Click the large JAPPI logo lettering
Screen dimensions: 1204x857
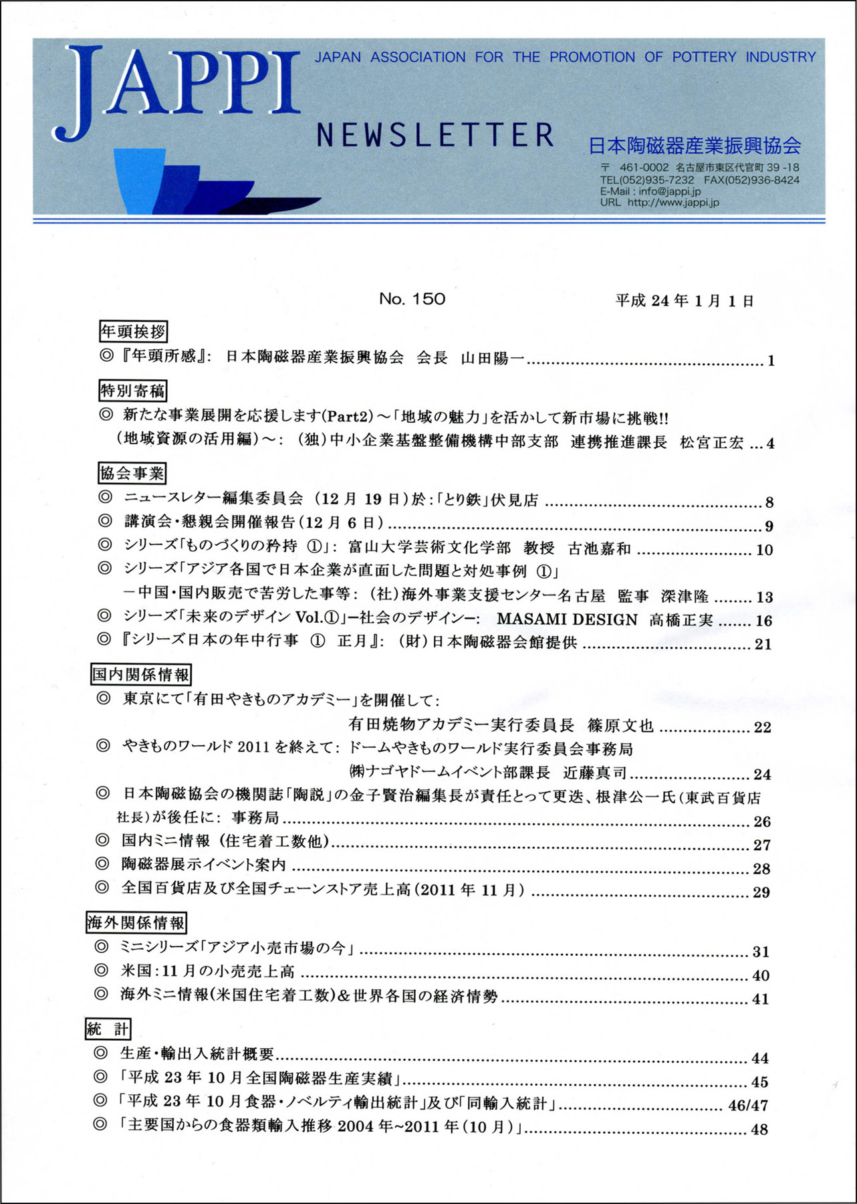(x=177, y=90)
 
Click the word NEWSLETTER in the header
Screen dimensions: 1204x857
(x=435, y=135)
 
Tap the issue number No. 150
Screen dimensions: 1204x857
(x=412, y=299)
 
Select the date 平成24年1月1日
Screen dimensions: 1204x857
(x=685, y=301)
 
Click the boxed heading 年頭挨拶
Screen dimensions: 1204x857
(x=132, y=331)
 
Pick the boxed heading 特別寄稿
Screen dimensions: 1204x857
(x=132, y=390)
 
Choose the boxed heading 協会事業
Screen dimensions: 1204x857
(x=132, y=474)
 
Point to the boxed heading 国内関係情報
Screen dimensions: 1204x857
(x=141, y=674)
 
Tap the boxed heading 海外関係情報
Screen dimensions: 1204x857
(x=136, y=923)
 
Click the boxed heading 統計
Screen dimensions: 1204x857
(x=108, y=1029)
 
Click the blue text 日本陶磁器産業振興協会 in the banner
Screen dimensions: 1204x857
(x=695, y=145)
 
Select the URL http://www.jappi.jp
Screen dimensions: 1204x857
(x=673, y=203)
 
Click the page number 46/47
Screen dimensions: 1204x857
(x=748, y=1106)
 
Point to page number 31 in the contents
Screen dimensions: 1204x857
(x=761, y=952)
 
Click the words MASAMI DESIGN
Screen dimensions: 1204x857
(x=567, y=620)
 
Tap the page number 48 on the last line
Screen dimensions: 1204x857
(x=759, y=1129)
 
